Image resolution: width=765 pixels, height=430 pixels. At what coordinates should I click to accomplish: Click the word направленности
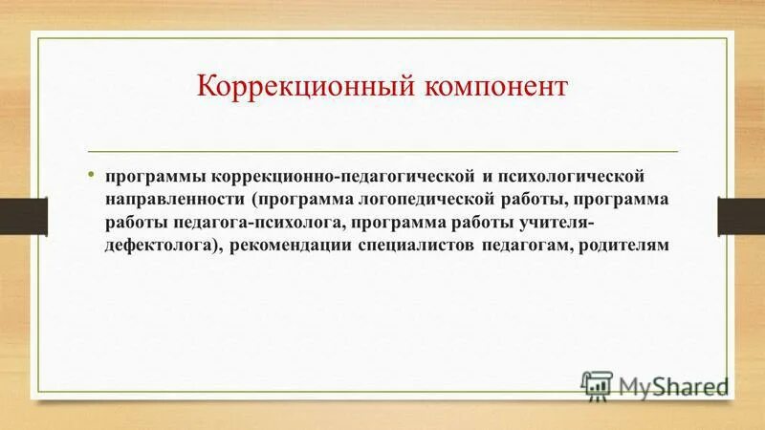coord(176,201)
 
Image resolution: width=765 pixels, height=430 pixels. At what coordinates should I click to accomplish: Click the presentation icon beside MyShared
coord(596,384)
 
